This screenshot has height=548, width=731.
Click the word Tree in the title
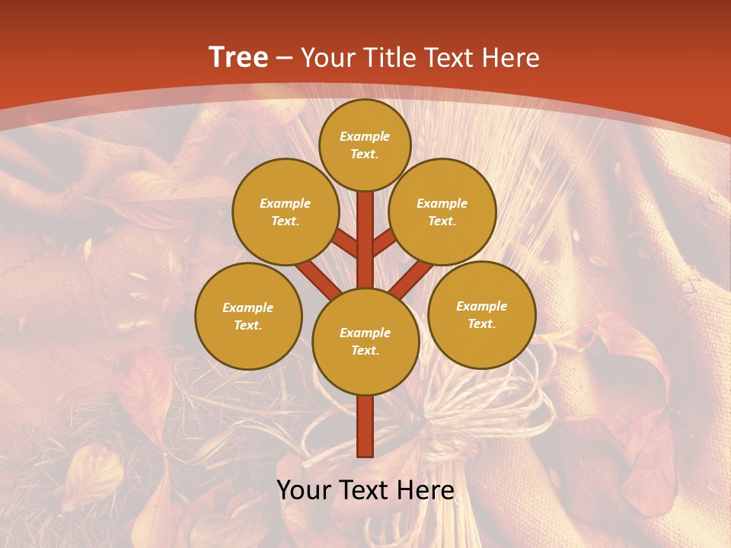pyautogui.click(x=238, y=58)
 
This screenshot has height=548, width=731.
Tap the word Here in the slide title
pyautogui.click(x=511, y=58)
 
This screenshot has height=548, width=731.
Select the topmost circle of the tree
pyautogui.click(x=365, y=145)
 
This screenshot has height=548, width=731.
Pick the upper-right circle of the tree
pyautogui.click(x=442, y=212)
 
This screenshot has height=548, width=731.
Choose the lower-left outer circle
pyautogui.click(x=248, y=317)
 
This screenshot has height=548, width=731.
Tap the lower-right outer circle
pyautogui.click(x=481, y=315)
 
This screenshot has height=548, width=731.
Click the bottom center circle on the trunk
pyautogui.click(x=365, y=342)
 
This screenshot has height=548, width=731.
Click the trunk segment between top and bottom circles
pyautogui.click(x=365, y=240)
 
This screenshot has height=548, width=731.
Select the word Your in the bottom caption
pyautogui.click(x=303, y=490)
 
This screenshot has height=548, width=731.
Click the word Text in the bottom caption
pyautogui.click(x=362, y=490)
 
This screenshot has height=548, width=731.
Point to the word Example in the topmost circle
pyautogui.click(x=365, y=137)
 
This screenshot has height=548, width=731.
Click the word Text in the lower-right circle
pyautogui.click(x=481, y=324)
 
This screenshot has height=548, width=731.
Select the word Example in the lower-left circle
pyautogui.click(x=248, y=308)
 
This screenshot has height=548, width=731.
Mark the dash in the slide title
pyautogui.click(x=285, y=59)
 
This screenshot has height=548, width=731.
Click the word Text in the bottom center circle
pyautogui.click(x=365, y=351)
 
